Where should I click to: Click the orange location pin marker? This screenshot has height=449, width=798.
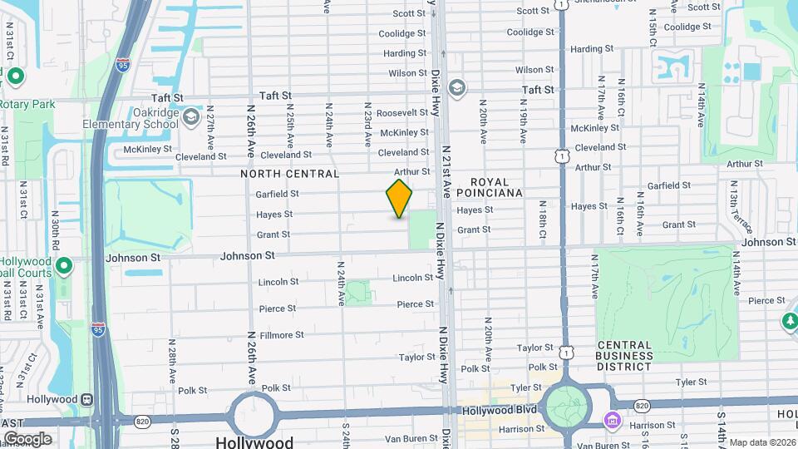tap(399, 199)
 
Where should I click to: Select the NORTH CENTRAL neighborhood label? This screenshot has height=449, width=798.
tap(290, 174)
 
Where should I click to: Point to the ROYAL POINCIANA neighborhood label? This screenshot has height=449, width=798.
tap(496, 186)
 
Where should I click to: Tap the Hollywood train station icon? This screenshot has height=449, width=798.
tap(86, 398)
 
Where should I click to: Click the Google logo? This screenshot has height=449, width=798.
tap(27, 438)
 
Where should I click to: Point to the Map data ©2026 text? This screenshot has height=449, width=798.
tap(762, 442)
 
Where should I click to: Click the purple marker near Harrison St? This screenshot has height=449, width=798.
tap(613, 421)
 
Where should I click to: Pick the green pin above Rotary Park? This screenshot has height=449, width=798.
tap(15, 77)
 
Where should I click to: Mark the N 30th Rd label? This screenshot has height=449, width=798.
tap(55, 235)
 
